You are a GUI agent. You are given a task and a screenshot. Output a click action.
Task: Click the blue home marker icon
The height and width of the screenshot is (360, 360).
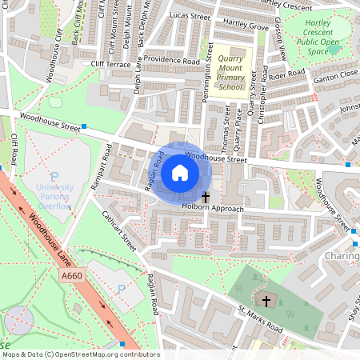[x=180, y=172]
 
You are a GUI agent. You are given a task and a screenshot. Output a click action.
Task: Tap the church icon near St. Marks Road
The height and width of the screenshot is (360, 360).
[x=267, y=301]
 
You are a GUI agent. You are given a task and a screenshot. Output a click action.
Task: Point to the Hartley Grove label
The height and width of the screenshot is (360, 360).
[x=248, y=26]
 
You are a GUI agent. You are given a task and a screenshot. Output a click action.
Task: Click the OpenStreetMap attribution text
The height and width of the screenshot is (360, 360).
[x=81, y=354]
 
